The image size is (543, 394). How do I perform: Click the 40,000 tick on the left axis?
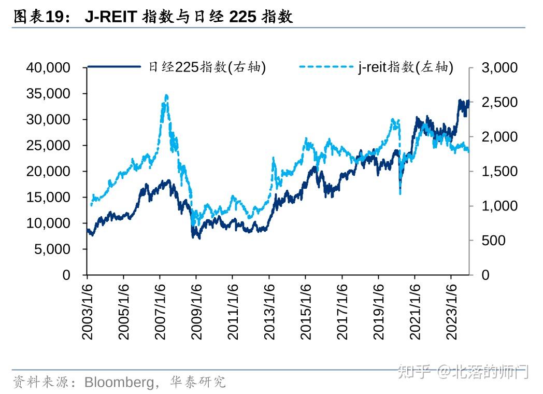click(47, 68)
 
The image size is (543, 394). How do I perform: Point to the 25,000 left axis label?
click(47, 146)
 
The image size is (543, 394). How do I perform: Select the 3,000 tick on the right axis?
click(499, 68)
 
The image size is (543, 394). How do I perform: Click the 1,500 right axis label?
click(499, 172)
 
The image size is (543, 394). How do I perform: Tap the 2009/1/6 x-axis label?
click(196, 311)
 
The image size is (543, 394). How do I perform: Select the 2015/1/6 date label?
click(305, 311)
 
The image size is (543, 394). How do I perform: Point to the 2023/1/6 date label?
click(451, 311)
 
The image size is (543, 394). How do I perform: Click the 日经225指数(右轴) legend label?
click(207, 67)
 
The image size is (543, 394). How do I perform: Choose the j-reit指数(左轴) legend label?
click(406, 67)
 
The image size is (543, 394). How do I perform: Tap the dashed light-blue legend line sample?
click(326, 67)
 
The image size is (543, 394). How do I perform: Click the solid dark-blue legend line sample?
click(115, 67)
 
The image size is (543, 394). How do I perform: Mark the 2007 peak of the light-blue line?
click(166, 96)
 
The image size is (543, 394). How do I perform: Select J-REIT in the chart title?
click(110, 17)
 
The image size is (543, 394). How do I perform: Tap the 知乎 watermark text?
click(414, 371)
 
